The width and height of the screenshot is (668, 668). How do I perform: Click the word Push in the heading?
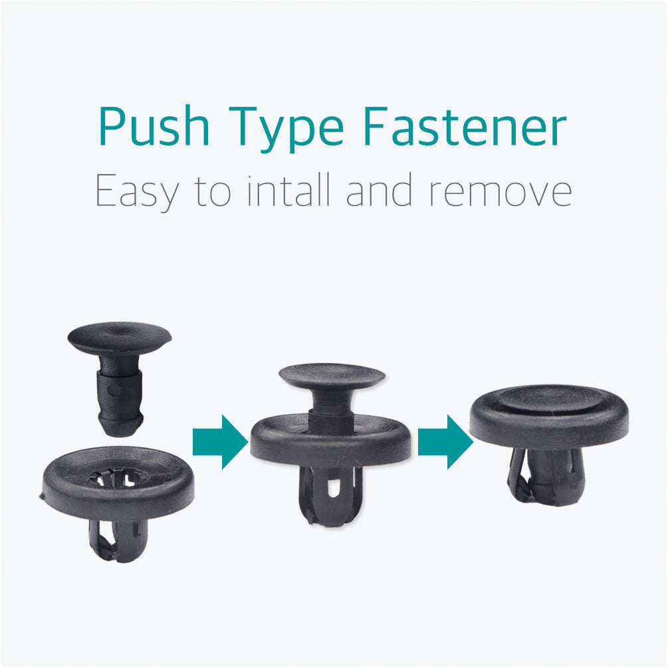(x=154, y=126)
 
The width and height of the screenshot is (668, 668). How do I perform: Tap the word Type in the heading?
(x=286, y=129)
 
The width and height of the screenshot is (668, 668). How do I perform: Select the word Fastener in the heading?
(x=465, y=126)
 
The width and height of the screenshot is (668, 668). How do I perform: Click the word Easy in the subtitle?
(x=137, y=191)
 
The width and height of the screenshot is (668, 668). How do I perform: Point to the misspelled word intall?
(x=288, y=189)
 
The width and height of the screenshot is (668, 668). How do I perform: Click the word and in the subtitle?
(x=379, y=189)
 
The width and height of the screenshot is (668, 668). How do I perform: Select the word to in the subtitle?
(x=213, y=191)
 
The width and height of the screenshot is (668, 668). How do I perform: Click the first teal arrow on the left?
(x=220, y=442)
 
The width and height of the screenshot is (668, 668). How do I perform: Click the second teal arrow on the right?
(x=445, y=442)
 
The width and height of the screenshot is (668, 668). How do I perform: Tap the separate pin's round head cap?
(x=119, y=336)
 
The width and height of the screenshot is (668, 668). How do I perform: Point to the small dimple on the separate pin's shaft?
(x=112, y=390)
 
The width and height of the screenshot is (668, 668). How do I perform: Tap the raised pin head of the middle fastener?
(x=332, y=375)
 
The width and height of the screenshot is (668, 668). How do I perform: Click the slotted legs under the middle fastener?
(x=331, y=497)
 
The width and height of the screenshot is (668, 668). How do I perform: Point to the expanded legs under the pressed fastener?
(x=546, y=476)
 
